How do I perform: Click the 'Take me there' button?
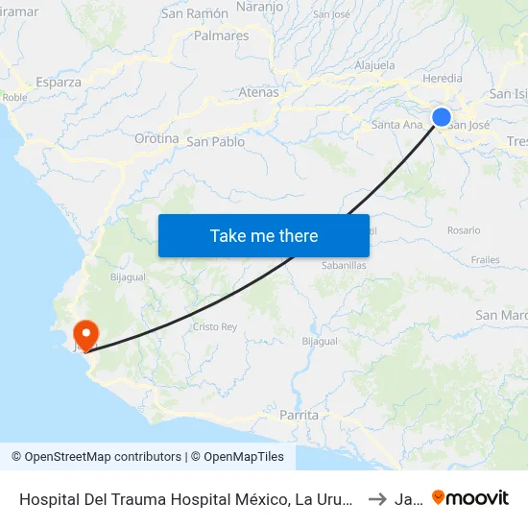tap(264, 235)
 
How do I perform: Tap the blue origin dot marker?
tap(442, 117)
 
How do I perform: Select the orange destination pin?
tap(85, 334)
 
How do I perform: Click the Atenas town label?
tap(258, 93)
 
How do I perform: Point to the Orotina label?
tap(156, 138)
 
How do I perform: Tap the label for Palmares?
tap(221, 36)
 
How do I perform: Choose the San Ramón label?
tap(195, 13)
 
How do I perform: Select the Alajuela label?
tap(375, 65)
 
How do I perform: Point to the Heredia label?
tap(443, 79)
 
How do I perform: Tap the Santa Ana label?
tap(396, 124)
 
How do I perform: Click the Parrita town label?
tap(298, 415)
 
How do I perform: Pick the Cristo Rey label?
tap(215, 326)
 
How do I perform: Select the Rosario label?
tap(464, 230)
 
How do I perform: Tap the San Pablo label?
tap(215, 142)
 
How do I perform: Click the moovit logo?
tap(470, 497)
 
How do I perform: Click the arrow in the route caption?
tap(377, 498)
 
